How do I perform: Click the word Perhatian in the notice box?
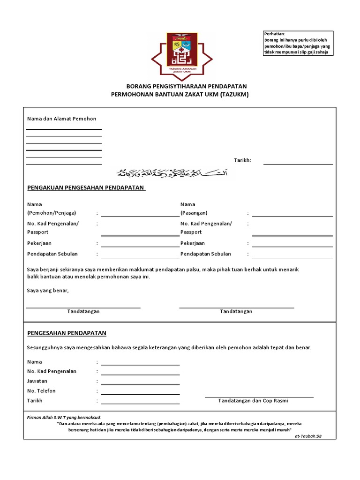(274, 34)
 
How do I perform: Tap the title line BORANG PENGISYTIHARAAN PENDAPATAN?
(187, 87)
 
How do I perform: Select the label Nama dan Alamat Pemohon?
(61, 119)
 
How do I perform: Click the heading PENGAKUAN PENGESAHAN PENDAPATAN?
(86, 188)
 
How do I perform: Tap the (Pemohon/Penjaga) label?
(52, 213)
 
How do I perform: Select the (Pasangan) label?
(194, 213)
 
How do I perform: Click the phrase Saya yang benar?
(48, 291)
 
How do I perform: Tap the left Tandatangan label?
(83, 311)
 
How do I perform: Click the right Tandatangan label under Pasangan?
(236, 311)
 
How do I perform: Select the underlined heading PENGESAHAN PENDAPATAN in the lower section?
(67, 333)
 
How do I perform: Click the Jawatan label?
(37, 381)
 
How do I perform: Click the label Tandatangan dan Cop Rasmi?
(253, 401)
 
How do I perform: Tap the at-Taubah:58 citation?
(308, 436)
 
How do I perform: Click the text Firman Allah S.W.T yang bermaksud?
(64, 417)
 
